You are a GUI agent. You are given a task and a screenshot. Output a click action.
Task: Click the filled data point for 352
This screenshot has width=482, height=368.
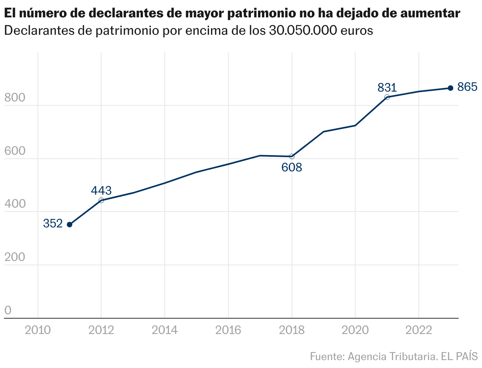(x=70, y=225)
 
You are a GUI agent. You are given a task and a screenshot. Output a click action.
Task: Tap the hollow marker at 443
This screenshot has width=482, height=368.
(x=101, y=200)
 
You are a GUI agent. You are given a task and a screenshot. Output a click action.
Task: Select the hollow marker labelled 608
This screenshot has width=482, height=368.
(x=292, y=156)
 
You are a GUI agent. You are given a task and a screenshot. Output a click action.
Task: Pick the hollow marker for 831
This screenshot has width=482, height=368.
(x=387, y=97)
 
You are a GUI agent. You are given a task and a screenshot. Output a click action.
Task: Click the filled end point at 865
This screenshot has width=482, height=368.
(x=450, y=88)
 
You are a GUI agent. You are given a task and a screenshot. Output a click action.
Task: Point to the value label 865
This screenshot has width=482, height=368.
(x=467, y=87)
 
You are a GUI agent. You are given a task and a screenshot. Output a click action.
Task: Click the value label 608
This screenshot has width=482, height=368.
(x=292, y=167)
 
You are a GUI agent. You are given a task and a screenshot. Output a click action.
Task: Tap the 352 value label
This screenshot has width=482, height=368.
(x=53, y=223)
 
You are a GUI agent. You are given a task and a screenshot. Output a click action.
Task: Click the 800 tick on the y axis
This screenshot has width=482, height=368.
(x=14, y=98)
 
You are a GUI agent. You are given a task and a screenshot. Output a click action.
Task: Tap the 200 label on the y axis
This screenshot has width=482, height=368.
(x=14, y=257)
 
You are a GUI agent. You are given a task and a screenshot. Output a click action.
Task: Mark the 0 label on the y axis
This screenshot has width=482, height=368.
(x=8, y=311)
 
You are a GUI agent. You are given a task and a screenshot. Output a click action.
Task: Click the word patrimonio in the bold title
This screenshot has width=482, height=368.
(x=260, y=13)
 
